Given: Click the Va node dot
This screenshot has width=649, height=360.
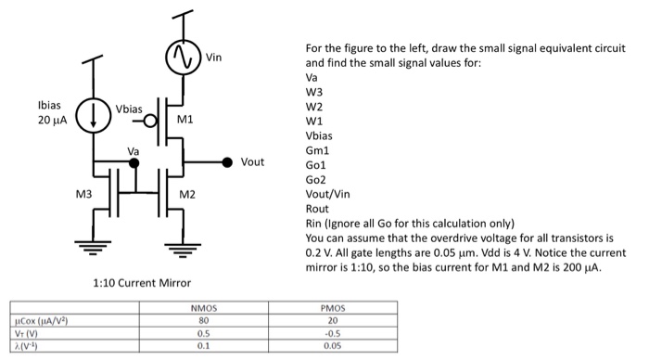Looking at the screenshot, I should coord(134,162).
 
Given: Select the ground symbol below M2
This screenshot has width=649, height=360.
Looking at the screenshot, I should coord(176,246).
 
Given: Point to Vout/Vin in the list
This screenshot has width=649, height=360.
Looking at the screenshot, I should coord(327,195).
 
